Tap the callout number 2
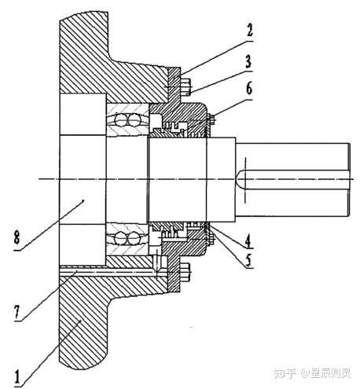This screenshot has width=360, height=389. [x=249, y=29]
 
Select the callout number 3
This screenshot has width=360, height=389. [x=248, y=61]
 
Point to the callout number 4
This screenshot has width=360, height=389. [x=248, y=240]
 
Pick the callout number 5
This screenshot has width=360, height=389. [x=248, y=259]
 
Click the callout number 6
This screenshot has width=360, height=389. [x=249, y=89]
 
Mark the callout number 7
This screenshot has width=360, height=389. [x=17, y=311]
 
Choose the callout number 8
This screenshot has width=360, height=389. [x=17, y=238]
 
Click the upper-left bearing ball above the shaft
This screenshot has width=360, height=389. [x=121, y=120]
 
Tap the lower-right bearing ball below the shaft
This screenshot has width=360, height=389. [x=134, y=239]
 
